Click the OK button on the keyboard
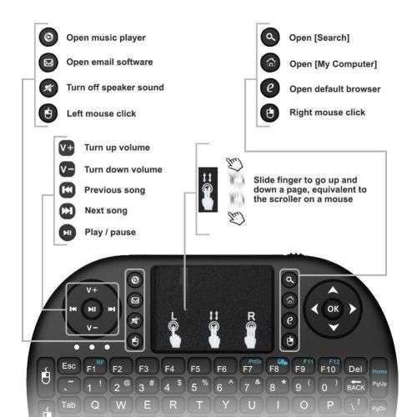click(x=333, y=309)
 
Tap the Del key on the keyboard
click(x=354, y=367)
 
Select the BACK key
click(x=355, y=386)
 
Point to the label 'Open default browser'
click(x=334, y=88)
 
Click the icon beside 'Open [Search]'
click(x=269, y=38)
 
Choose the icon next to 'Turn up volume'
click(x=67, y=148)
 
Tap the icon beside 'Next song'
click(x=67, y=211)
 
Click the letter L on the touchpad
click(x=173, y=315)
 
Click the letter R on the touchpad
click(x=249, y=315)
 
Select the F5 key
click(x=195, y=368)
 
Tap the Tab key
click(x=69, y=405)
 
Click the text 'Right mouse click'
click(x=327, y=113)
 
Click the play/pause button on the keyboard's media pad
click(x=92, y=309)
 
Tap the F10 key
click(x=327, y=368)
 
